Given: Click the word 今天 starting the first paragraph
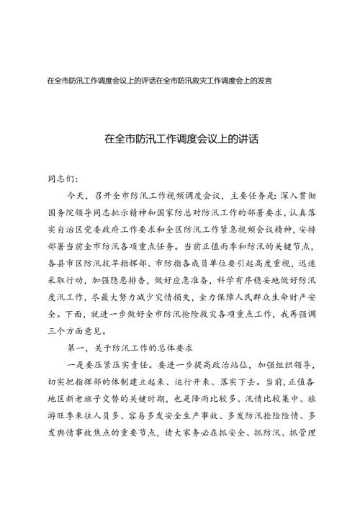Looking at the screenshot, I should (76, 194).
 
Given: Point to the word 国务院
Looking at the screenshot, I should (61, 210).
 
